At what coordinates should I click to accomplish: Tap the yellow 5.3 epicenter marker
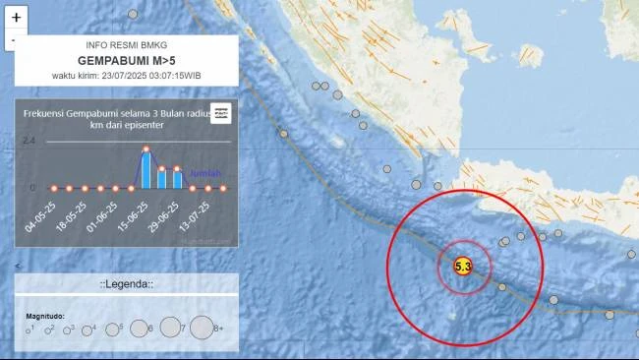click(x=463, y=266)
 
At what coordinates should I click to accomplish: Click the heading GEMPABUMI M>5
click(x=126, y=60)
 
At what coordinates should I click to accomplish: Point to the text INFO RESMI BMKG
click(x=126, y=45)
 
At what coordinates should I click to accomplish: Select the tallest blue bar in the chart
click(x=146, y=168)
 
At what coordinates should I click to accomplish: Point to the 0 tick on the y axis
click(x=31, y=187)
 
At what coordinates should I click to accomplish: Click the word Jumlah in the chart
click(x=204, y=173)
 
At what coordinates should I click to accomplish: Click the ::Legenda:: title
click(x=126, y=283)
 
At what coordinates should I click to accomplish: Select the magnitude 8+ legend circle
click(x=202, y=327)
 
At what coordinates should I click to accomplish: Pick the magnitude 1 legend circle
click(x=29, y=330)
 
